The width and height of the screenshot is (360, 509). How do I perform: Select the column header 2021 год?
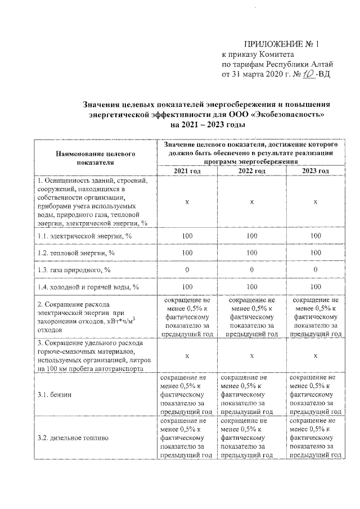click(x=188, y=171)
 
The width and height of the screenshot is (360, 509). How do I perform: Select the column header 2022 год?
click(x=251, y=171)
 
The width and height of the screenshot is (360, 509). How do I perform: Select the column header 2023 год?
click(x=316, y=171)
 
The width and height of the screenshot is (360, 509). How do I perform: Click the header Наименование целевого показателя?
click(x=94, y=157)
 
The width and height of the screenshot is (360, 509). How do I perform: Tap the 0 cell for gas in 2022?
click(x=251, y=270)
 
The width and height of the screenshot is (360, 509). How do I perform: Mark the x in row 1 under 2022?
click(x=251, y=201)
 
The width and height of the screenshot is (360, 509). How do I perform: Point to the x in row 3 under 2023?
click(x=316, y=355)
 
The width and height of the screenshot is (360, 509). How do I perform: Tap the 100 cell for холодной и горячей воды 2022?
click(x=251, y=287)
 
